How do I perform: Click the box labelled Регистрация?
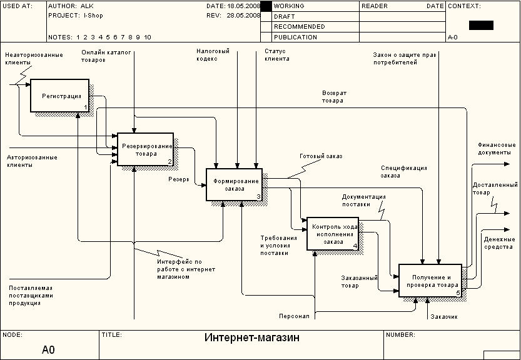(x=60, y=96)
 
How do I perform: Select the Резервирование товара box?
(x=146, y=149)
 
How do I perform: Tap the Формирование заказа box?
(x=235, y=184)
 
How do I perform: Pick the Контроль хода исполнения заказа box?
(x=333, y=234)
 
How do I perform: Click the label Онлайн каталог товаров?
(x=106, y=56)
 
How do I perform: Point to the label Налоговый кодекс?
(x=213, y=55)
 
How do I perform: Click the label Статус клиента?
(x=277, y=55)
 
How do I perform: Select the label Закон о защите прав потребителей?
(x=405, y=59)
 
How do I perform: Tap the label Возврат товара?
(x=334, y=97)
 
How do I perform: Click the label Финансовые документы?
(x=497, y=149)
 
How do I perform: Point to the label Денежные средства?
(x=499, y=243)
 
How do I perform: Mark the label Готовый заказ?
(x=321, y=156)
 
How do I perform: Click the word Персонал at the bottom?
(x=294, y=316)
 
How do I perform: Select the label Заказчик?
(x=444, y=317)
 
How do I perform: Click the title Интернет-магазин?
(x=252, y=337)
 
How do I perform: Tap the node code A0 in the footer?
(x=48, y=350)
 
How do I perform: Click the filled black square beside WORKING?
(x=266, y=6)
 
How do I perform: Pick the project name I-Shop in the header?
(x=93, y=16)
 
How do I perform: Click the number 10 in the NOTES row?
(x=148, y=37)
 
